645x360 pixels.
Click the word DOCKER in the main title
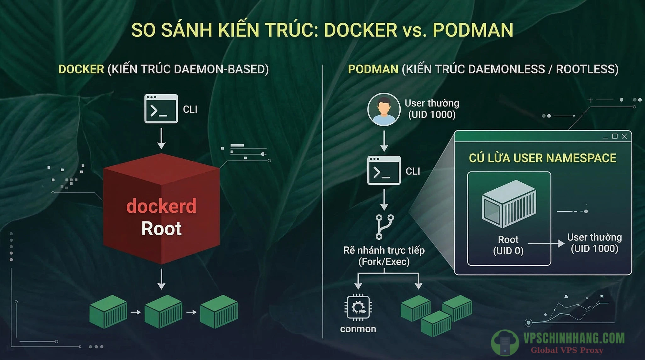coord(360,30)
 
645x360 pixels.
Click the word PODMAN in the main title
coord(473,30)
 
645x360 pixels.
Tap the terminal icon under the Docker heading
coord(161,109)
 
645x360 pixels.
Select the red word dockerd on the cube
coord(161,206)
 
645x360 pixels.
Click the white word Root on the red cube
coord(161,229)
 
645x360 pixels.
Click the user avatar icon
coord(384,109)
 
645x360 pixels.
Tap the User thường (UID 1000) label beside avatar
coord(432,109)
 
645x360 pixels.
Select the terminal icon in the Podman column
coord(384,170)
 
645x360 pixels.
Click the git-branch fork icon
coord(385,227)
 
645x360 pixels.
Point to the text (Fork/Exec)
coord(384,261)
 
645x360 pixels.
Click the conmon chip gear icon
coord(358,307)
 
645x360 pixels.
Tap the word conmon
coord(358,329)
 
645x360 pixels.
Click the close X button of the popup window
coord(625,136)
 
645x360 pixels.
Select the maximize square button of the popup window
coord(615,136)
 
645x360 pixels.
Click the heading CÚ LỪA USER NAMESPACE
coord(542,158)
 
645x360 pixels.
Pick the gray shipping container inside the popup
coord(509,204)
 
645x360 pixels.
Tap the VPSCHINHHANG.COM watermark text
coord(574,338)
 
